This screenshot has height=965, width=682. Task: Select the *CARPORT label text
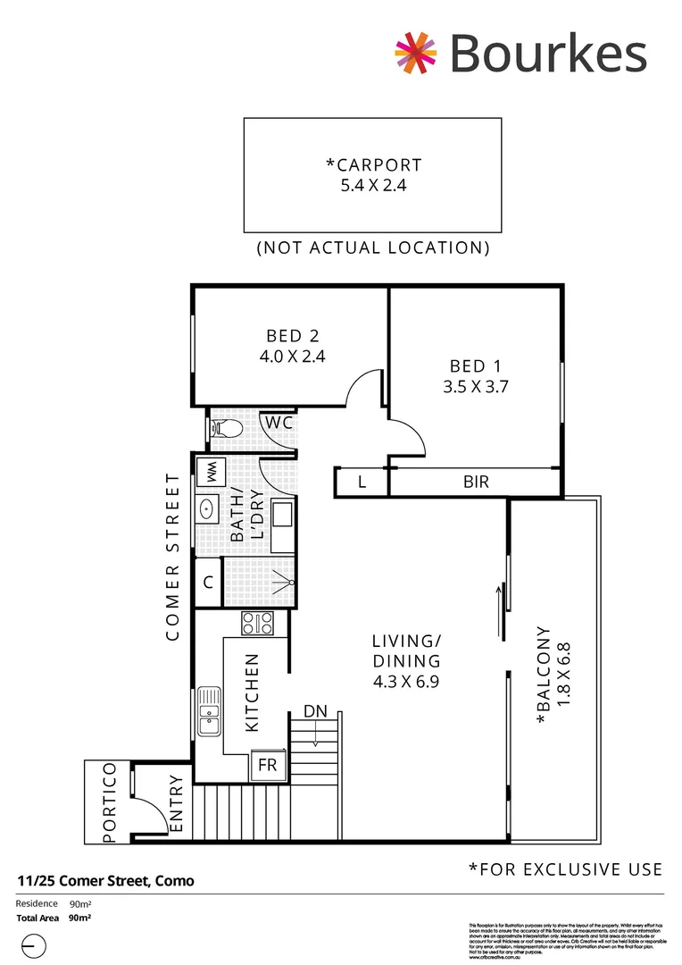click(374, 164)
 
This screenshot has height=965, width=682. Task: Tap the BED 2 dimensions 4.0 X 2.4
click(292, 355)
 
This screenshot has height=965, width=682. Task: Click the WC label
click(278, 423)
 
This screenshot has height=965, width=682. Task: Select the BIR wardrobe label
click(475, 482)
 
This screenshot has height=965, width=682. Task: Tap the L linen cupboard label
click(362, 482)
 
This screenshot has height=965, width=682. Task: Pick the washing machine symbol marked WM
click(212, 471)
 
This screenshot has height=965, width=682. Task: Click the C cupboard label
click(208, 583)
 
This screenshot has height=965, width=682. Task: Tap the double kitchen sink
click(208, 710)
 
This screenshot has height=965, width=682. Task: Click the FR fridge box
click(267, 765)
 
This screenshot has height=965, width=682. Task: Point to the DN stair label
click(315, 711)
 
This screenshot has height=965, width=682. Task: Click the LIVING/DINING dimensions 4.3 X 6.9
click(406, 681)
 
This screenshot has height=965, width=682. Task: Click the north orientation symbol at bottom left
click(32, 944)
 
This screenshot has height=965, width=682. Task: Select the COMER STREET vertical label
click(173, 557)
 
